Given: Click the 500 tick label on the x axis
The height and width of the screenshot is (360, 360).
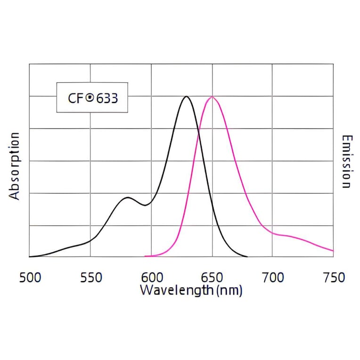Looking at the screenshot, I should (30, 278).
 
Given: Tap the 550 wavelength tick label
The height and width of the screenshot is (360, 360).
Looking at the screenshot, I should (91, 278).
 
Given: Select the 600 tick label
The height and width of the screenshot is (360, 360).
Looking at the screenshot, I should (152, 278).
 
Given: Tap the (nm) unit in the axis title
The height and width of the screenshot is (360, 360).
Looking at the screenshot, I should (229, 290).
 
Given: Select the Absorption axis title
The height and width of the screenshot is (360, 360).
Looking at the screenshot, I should (15, 166).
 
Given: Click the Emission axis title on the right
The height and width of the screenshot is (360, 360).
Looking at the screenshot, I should (346, 162).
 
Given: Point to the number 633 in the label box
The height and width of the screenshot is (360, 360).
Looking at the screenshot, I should (107, 98).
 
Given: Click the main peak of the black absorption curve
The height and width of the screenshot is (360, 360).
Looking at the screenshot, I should (187, 97).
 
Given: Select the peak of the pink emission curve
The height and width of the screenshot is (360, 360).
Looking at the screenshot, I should (212, 97).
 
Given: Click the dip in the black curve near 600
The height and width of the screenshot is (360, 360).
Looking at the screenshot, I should (146, 205).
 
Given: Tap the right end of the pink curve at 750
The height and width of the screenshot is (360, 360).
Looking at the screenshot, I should (333, 251).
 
